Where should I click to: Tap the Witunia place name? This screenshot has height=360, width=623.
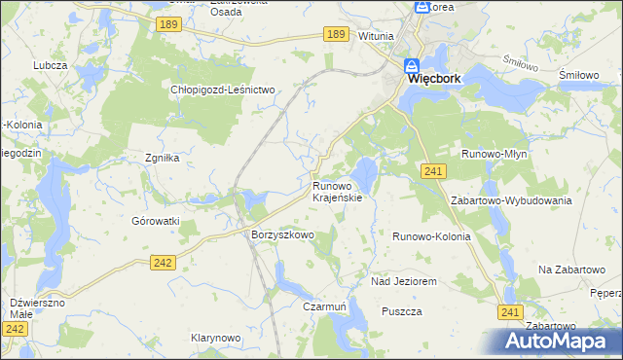(376, 36)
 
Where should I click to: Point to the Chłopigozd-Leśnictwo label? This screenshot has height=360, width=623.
(225, 90)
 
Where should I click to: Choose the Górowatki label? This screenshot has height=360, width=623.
(156, 221)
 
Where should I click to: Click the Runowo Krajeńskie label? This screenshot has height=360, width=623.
(338, 191)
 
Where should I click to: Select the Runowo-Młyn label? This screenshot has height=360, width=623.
(494, 153)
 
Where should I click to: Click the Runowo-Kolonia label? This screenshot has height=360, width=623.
(431, 236)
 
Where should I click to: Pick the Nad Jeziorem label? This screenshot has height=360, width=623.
(403, 281)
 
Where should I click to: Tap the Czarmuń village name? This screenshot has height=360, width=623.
(325, 306)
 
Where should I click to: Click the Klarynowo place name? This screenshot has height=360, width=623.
(215, 338)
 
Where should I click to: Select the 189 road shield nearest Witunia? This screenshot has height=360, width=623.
(336, 34)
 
